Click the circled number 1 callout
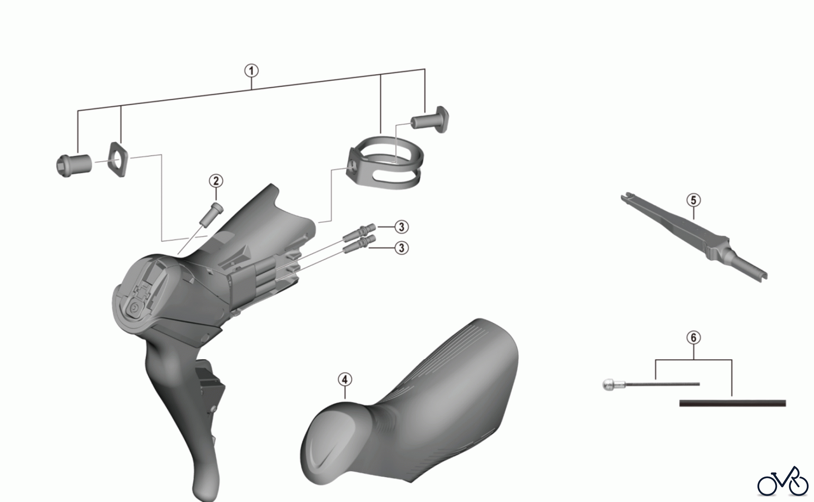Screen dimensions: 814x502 251,71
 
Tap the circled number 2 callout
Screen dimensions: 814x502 216,181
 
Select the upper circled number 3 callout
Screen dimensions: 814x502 401,226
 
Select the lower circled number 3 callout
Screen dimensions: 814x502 401,248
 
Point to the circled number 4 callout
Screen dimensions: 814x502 345,380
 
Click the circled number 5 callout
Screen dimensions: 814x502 693,200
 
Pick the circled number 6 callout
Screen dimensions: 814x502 693,338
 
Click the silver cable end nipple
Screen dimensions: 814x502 611,385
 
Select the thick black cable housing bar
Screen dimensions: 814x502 733,403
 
